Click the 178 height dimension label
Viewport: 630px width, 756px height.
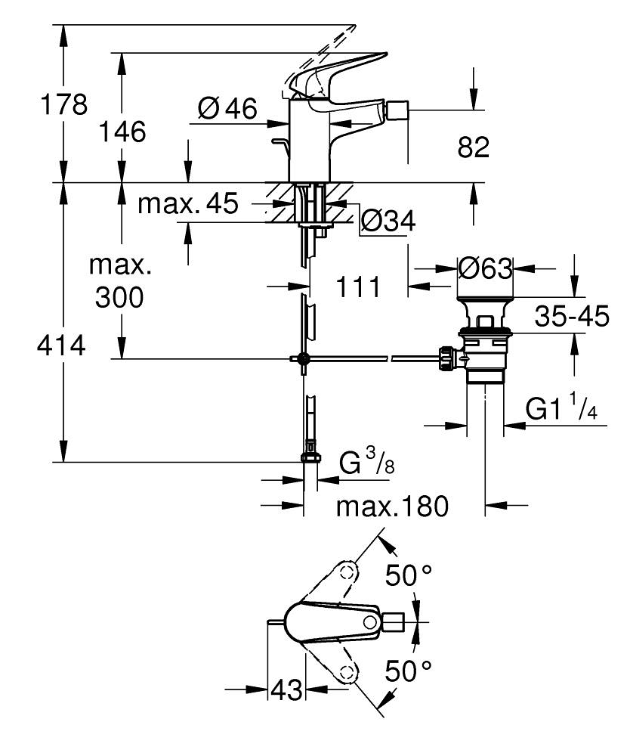64,105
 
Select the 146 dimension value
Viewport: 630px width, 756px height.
122,132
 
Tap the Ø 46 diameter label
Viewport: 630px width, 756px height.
227,110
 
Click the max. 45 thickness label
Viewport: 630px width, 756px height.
188,203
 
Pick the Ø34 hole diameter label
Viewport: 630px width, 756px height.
388,222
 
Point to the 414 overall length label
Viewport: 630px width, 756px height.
60,347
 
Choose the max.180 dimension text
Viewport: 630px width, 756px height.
392,506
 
